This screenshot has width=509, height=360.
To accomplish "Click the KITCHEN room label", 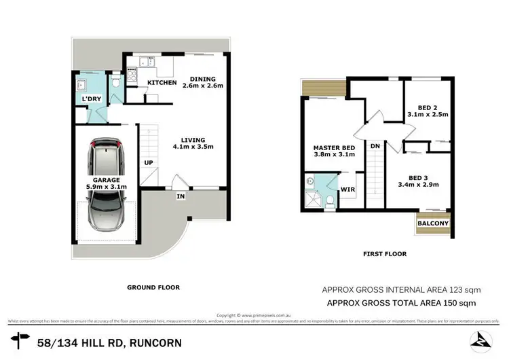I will click(x=162, y=83).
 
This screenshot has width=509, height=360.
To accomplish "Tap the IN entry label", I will click(x=181, y=196).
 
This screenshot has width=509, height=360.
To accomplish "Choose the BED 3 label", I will click(x=417, y=179).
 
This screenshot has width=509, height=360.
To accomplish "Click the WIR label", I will click(x=347, y=190).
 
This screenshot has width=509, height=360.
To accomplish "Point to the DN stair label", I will click(x=374, y=145).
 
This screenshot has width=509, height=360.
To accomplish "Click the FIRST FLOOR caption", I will click(x=384, y=254).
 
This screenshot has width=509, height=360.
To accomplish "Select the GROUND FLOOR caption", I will click(x=153, y=287).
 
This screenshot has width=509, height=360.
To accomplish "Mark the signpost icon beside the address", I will click(x=20, y=340).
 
